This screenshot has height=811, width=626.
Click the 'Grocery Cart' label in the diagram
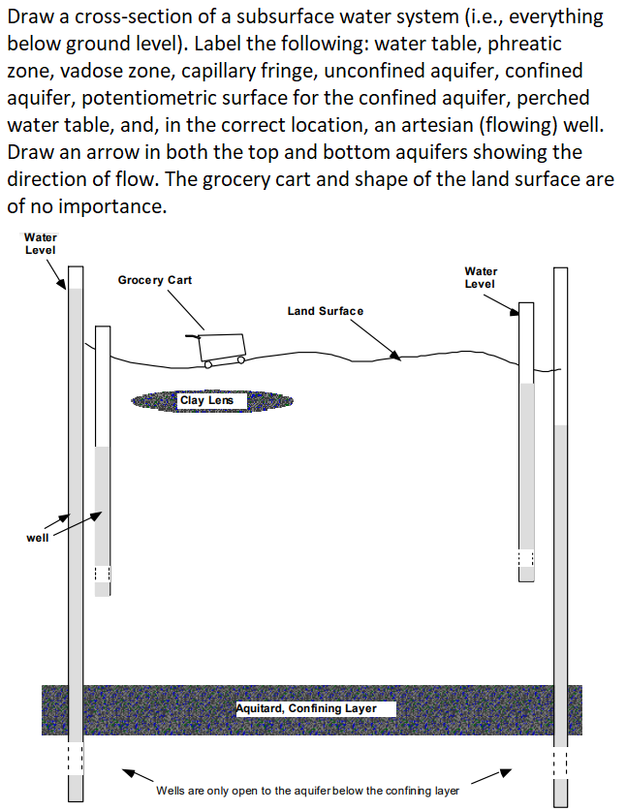[x=154, y=280]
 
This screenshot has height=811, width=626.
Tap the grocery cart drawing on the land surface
[x=222, y=348]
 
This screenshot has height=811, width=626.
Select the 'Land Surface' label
[x=325, y=311]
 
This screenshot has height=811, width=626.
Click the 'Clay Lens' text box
[x=206, y=400]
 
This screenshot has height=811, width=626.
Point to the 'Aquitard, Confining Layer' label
[x=316, y=708]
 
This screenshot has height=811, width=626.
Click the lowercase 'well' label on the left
[x=37, y=537]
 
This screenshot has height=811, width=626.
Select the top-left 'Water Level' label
[x=40, y=243]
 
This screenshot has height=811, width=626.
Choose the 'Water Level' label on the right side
[x=481, y=277]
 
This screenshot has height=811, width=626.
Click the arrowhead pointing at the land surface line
[x=394, y=356]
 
